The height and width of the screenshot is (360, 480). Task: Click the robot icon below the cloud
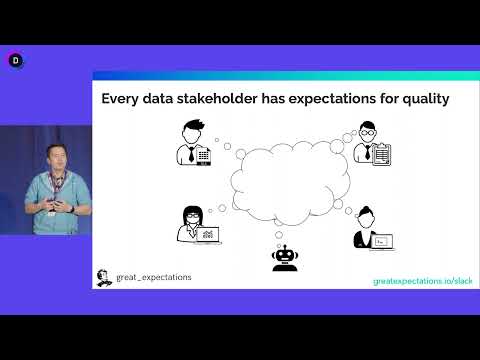click(285, 258)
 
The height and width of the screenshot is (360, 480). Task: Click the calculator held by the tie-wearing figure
click(204, 155)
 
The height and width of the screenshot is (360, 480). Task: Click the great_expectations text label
click(152, 277)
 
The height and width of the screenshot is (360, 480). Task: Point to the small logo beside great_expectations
click(103, 277)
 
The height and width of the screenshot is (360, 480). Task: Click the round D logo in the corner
click(15, 60)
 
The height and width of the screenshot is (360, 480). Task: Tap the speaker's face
click(54, 153)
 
